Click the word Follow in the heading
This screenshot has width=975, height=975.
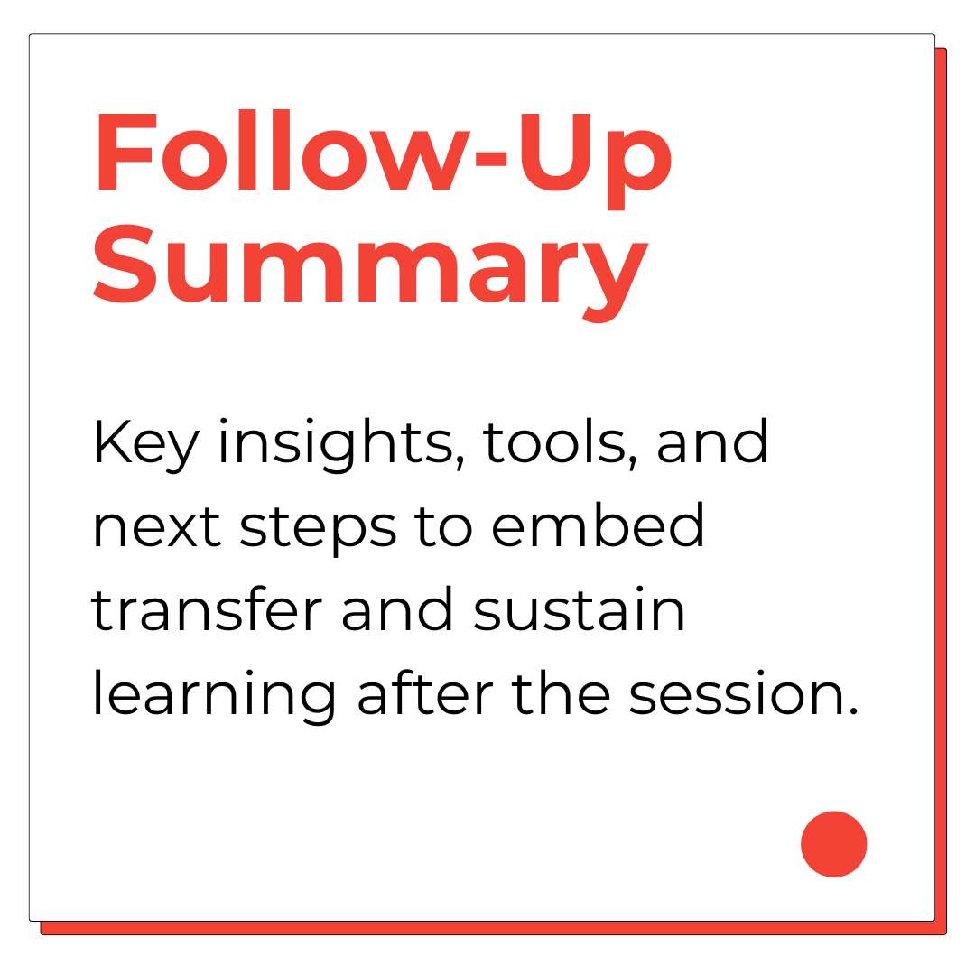pos(281,151)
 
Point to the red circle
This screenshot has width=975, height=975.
pos(833,844)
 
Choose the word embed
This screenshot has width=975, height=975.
pos(598,525)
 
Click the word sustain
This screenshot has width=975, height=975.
pos(579,608)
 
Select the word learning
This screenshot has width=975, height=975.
pos(214,694)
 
